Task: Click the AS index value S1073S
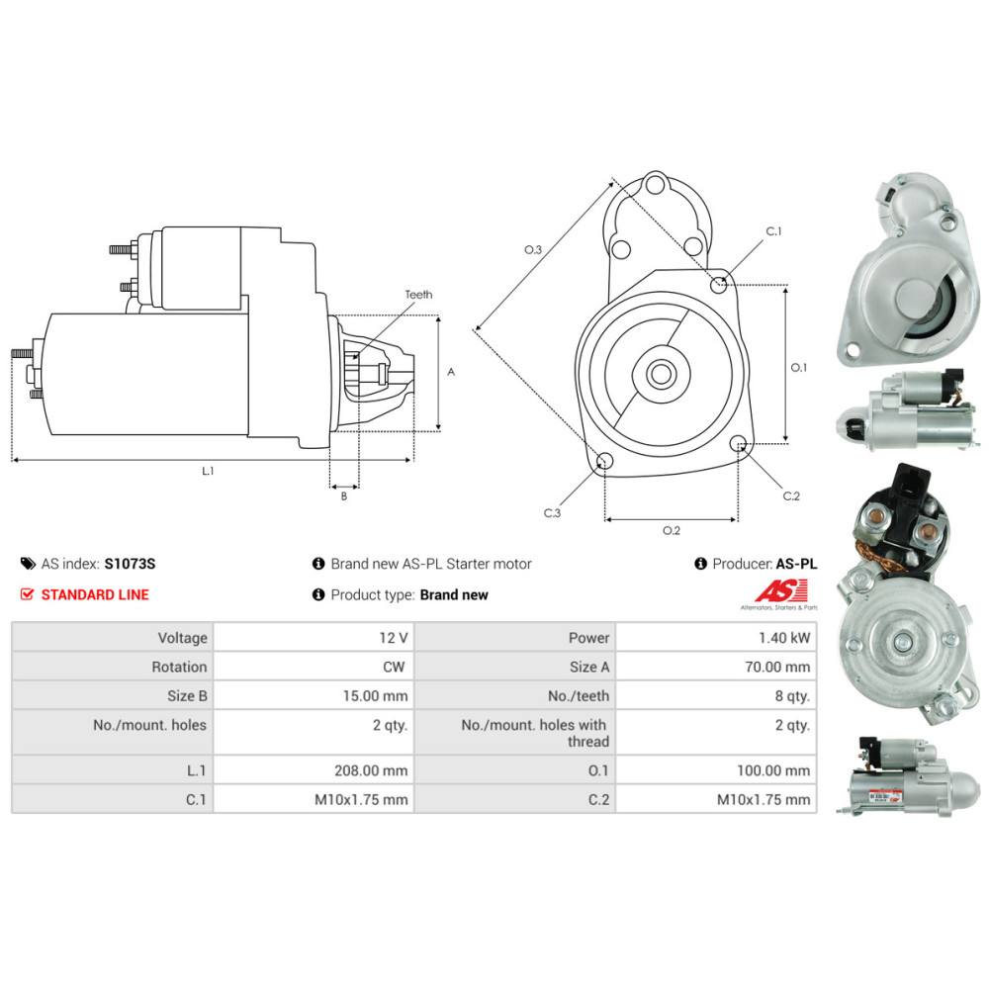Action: tap(130, 564)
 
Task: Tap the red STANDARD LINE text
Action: tap(95, 594)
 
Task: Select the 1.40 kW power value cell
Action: tap(716, 637)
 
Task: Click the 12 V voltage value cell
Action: tap(314, 637)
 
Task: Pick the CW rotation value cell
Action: tap(314, 666)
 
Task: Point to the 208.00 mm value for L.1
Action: tap(371, 770)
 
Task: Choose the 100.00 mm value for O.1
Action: tap(773, 770)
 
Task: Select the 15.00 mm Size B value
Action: tap(375, 695)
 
